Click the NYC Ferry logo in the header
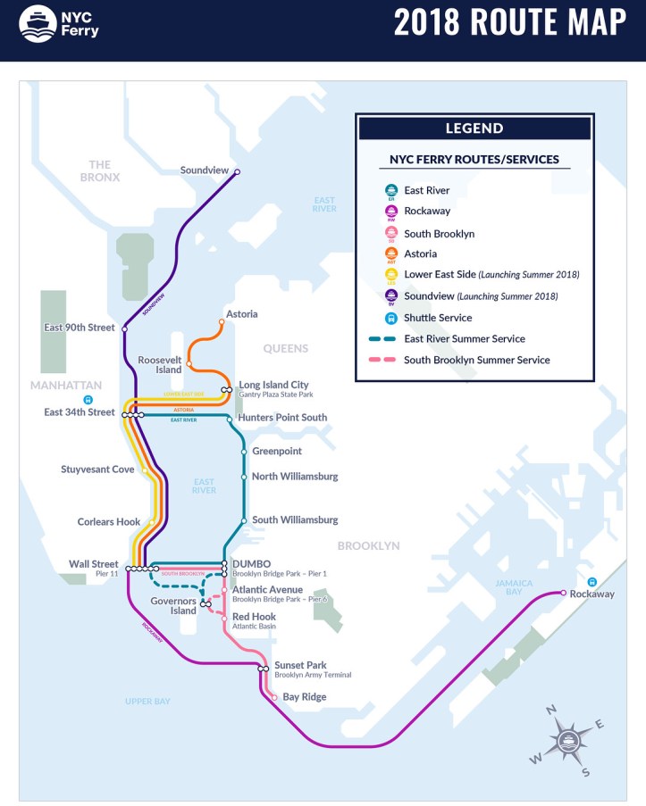59,23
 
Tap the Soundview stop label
205,170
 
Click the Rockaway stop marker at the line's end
563,593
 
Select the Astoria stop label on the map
241,314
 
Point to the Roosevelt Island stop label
160,364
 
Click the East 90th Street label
80,328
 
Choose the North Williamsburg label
295,477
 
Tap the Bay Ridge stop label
305,697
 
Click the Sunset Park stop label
300,665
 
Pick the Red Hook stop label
254,617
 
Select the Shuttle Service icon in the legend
390,319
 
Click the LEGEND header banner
474,129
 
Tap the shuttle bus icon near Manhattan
88,401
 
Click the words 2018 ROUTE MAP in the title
510,23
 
